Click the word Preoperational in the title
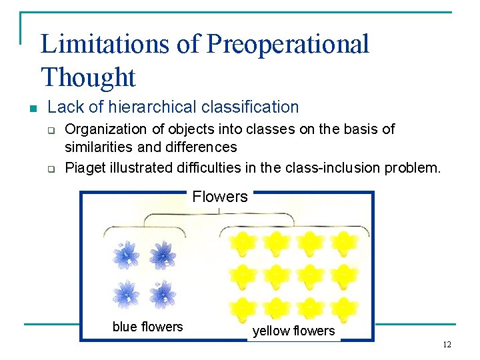(x=287, y=44)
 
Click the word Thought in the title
(x=88, y=77)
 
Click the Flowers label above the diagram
(x=219, y=197)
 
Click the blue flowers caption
(x=147, y=327)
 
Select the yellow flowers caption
(x=293, y=331)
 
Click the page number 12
(x=447, y=345)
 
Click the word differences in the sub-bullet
(x=205, y=147)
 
